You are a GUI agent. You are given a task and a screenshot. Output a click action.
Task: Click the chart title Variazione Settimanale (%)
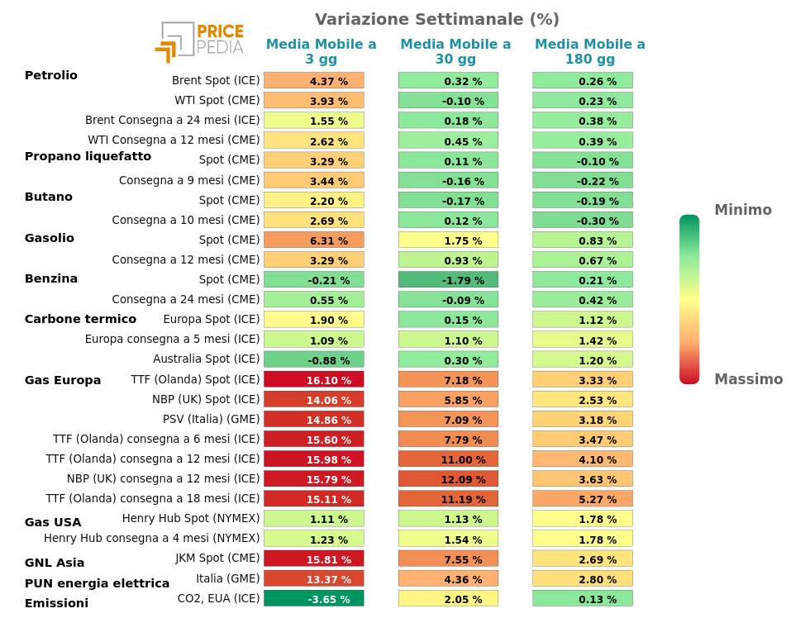point(436,19)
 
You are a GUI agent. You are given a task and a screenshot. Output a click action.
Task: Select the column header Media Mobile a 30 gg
point(455,51)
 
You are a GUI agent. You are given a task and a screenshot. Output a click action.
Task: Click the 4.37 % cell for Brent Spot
point(314,81)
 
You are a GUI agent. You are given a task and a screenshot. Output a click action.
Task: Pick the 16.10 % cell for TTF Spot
point(314,380)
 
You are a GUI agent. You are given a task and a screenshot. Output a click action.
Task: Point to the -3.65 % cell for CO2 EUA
point(314,599)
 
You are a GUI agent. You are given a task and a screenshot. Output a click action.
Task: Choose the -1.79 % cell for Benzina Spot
point(448,280)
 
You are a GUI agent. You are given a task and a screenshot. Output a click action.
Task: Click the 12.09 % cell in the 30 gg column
point(448,479)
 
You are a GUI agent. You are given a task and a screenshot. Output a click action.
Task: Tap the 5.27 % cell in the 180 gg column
point(583,499)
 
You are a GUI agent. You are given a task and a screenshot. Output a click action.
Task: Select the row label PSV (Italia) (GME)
point(211,419)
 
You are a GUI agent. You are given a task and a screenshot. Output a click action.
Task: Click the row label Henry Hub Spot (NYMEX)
point(191,518)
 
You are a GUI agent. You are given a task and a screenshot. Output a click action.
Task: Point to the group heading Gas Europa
point(63,380)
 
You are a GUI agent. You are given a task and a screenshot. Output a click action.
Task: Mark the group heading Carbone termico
point(80,319)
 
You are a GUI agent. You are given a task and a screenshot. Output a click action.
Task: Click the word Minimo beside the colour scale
point(742,210)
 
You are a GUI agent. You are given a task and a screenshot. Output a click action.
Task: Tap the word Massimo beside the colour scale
point(748,379)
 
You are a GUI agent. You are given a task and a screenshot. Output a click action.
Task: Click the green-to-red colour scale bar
point(689,299)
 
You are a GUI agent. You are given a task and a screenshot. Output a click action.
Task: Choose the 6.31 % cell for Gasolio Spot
point(314,240)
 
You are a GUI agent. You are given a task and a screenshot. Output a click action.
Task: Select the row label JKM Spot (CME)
point(217,558)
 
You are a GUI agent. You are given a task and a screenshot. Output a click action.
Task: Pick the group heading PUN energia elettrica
point(97,583)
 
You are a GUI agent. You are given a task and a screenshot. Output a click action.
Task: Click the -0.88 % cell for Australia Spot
point(314,360)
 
